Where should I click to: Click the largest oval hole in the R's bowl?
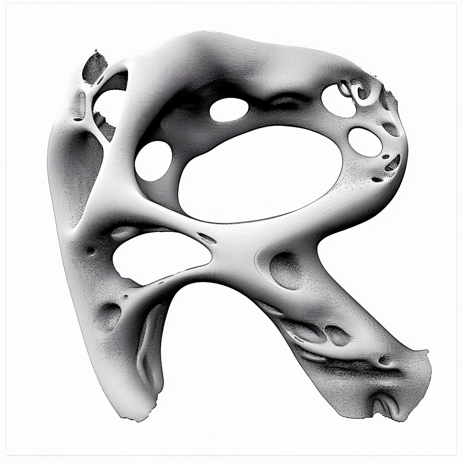[260, 174]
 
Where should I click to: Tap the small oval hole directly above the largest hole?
[229, 109]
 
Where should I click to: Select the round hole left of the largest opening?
[154, 161]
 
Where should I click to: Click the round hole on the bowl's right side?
[365, 142]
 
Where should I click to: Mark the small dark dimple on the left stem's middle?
[90, 250]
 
